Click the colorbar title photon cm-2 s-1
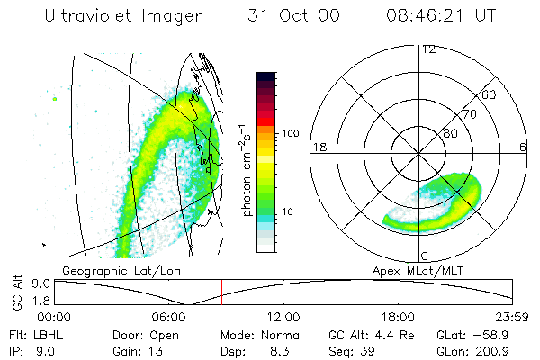tap(247, 168)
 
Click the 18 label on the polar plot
tap(318, 147)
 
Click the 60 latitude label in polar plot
tap(490, 94)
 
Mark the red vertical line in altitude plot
tap(222, 292)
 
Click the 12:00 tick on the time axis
tap(283, 316)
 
